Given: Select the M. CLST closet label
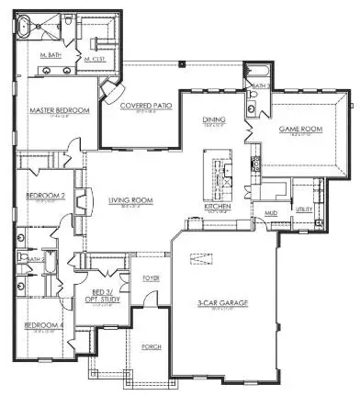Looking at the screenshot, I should pos(95,59).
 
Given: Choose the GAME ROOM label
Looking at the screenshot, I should pos(297,130).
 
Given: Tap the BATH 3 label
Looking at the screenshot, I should pos(260,85).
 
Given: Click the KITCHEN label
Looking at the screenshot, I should pos(217,207).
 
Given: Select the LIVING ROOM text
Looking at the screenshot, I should pos(129,201).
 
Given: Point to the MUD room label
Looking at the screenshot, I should pos(271,212).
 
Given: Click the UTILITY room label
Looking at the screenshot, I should pos(303,210).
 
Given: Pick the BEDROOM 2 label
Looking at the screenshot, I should pos(44,196).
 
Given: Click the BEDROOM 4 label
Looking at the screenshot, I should pos(43,325).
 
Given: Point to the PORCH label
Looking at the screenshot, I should pos(152,346).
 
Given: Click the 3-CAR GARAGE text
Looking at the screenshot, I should pos(220,303).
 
